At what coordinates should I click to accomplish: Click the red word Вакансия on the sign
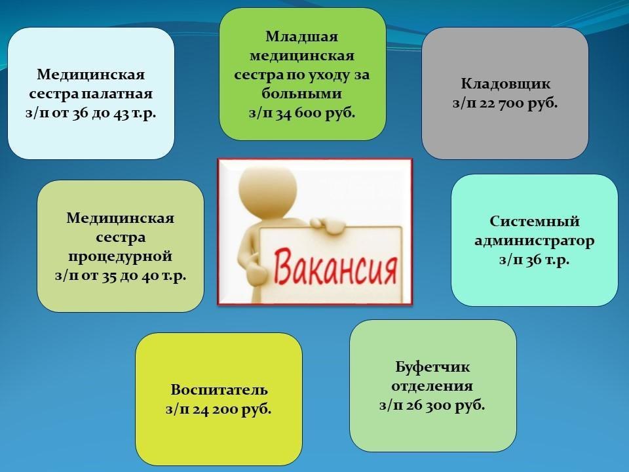tap(335, 266)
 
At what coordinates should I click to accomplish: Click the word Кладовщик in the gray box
tap(505, 84)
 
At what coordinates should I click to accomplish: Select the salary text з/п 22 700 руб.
tap(505, 103)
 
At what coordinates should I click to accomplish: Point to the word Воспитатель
tap(219, 389)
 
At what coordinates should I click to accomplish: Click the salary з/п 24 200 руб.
tap(219, 409)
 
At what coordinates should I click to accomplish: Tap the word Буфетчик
tap(432, 367)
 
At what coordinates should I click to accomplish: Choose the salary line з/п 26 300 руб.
tap(432, 405)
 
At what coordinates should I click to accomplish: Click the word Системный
tap(535, 221)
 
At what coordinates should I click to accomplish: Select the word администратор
tap(535, 241)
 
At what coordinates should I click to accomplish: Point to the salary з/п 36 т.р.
tap(535, 260)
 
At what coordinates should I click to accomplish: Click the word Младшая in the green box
tap(302, 37)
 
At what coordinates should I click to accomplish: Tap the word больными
tap(301, 94)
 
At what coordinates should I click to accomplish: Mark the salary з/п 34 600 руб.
tap(302, 113)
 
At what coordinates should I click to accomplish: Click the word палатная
tap(117, 94)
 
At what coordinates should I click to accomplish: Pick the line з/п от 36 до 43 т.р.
tap(90, 113)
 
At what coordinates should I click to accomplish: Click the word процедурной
tap(121, 256)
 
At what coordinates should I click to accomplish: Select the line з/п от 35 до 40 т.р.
tap(121, 276)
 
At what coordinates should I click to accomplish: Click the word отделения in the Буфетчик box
tap(432, 386)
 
